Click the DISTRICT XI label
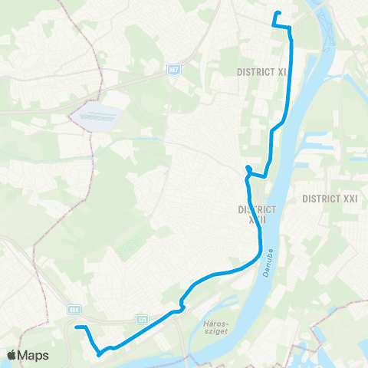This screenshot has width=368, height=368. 261,71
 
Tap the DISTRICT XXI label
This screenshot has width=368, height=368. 330,198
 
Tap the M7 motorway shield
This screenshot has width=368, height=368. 175,70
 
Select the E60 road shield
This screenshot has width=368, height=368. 74,310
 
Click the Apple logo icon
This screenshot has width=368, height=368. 12,355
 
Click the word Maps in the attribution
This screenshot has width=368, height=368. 34,355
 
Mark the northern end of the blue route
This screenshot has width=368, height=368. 275,13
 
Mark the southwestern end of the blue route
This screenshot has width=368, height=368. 77,327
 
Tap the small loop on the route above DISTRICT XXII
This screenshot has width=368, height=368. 248,169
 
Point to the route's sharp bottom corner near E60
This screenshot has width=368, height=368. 98,354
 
